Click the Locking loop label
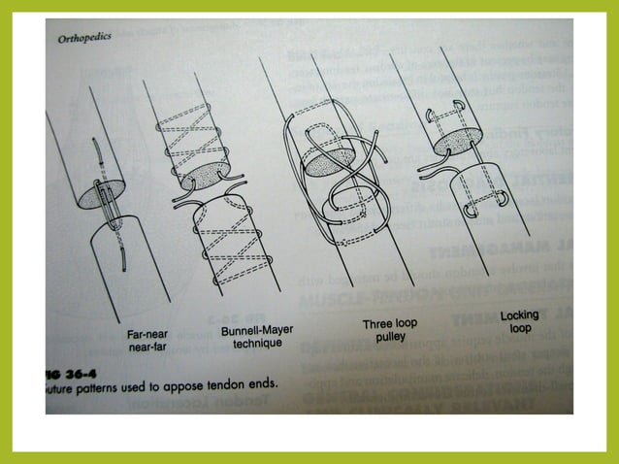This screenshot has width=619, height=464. click(519, 322)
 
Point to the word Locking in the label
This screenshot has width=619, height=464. click(519, 315)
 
